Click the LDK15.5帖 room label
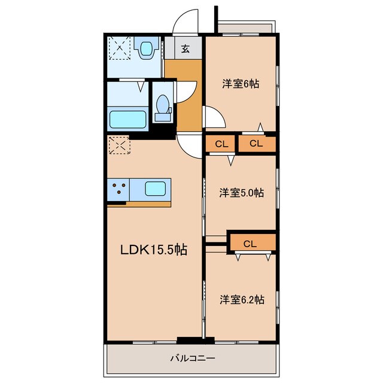154,250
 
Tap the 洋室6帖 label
241,84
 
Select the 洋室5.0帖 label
241,193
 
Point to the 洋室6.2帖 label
242,299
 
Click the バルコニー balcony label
193,358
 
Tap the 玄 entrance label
185,49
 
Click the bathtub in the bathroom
127,120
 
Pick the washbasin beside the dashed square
146,48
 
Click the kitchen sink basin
155,189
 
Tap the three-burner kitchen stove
118,190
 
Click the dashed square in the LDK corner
119,145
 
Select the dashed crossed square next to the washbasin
120,48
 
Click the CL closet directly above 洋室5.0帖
221,144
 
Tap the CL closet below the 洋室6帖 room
257,144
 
